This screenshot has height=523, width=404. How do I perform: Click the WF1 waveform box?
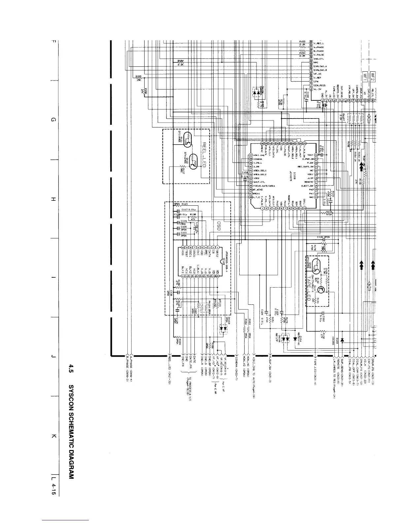[x=365, y=76]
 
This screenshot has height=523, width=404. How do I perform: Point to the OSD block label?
[x=218, y=226]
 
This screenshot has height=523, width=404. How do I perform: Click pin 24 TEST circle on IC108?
[x=316, y=155]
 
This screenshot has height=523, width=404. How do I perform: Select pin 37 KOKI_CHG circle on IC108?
[x=251, y=155]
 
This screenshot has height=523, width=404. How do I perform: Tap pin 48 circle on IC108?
[x=251, y=197]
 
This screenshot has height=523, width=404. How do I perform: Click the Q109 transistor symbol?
[x=317, y=265]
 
